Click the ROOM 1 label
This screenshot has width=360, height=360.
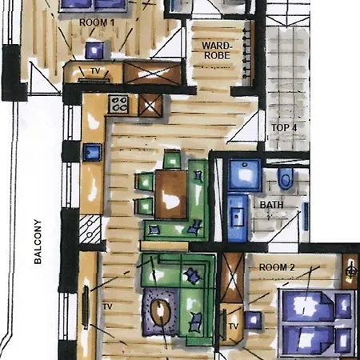98,22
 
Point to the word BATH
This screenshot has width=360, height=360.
272,205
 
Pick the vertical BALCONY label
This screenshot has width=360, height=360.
37,243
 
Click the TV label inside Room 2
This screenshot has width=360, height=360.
234,326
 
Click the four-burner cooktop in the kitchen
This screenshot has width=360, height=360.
119,103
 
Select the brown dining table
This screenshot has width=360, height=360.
170,192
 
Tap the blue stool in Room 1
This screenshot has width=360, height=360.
94,50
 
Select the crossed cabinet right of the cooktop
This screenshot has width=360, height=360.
150,104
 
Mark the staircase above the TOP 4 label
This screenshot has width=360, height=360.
288,64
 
